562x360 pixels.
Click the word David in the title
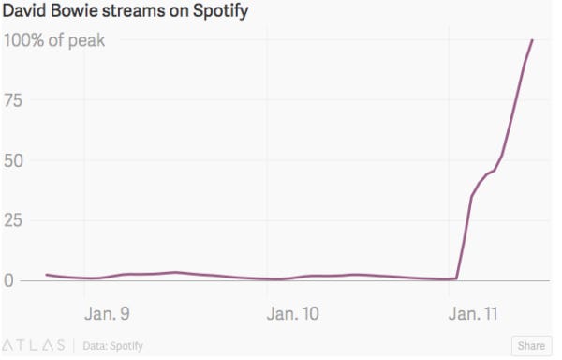click(26, 12)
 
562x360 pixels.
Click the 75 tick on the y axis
click(15, 100)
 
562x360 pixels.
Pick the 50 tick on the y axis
click(15, 160)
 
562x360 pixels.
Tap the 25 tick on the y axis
click(15, 220)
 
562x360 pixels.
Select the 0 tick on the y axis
click(9, 280)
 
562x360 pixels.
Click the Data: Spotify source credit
click(113, 345)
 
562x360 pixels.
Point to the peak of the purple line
click(533, 40)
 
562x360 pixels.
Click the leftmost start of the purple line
click(46, 275)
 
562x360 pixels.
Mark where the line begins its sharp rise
click(456, 278)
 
